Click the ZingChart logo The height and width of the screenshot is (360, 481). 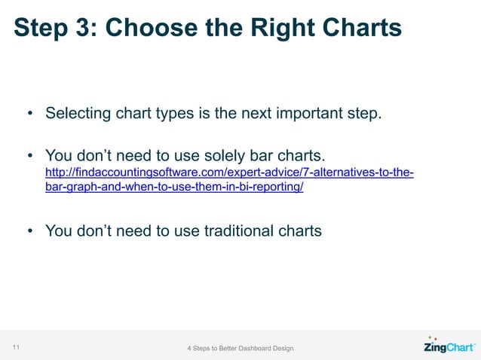pyautogui.click(x=449, y=347)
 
